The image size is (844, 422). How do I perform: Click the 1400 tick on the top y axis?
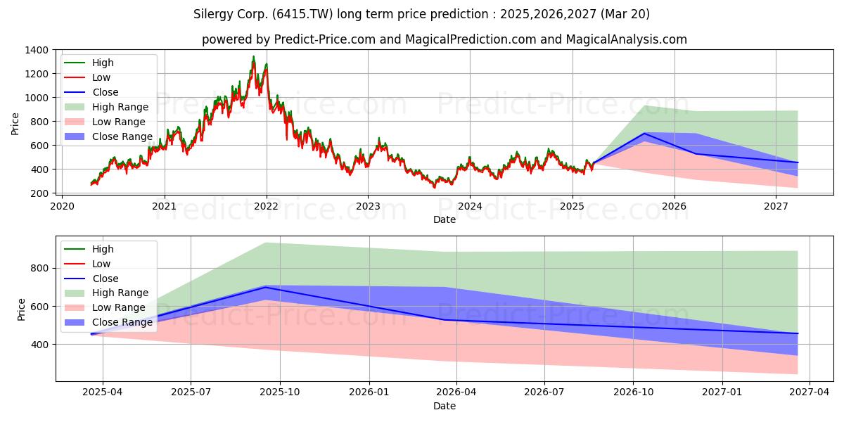click(37, 50)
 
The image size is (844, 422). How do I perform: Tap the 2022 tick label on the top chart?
click(266, 206)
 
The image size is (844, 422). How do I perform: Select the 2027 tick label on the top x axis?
click(776, 206)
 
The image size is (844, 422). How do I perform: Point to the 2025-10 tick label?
click(280, 392)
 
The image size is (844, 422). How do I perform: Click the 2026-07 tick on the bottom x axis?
click(544, 392)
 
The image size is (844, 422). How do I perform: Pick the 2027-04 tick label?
click(810, 392)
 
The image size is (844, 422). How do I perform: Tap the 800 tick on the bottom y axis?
click(40, 268)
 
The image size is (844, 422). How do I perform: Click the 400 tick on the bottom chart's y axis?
click(40, 345)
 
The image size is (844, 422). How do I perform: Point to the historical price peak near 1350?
click(254, 56)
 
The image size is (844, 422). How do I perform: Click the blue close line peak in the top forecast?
click(644, 134)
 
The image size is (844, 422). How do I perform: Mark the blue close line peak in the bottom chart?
click(265, 287)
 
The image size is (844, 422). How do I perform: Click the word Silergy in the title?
click(213, 14)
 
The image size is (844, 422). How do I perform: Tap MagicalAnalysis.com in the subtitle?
click(626, 39)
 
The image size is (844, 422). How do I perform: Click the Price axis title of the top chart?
click(15, 124)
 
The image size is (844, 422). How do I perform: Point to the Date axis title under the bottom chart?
click(445, 406)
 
